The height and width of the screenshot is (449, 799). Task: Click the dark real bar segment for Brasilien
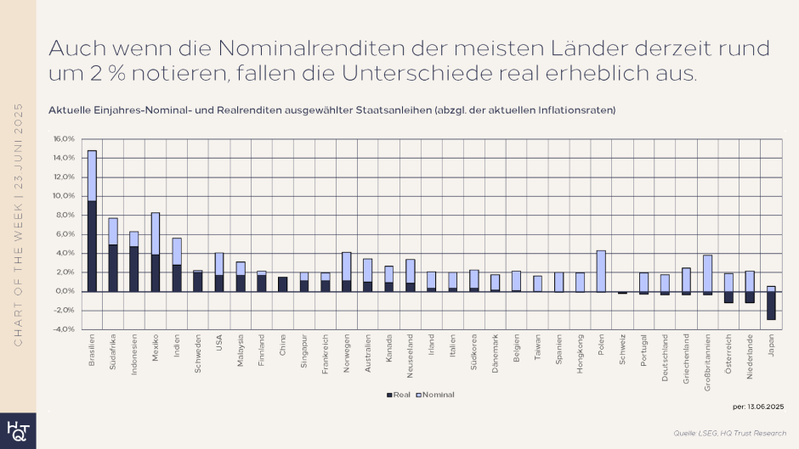[x=92, y=246]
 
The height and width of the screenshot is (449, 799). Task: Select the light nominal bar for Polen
[x=601, y=271]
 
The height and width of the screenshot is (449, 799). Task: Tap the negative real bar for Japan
[x=771, y=306]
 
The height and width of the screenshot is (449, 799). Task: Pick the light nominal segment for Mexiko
[x=156, y=233]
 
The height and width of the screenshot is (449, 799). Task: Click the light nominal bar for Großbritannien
[x=707, y=272]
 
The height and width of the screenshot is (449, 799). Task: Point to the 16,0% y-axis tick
[x=65, y=138]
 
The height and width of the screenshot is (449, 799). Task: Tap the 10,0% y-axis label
[x=65, y=196]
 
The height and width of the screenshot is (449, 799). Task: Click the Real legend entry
[x=399, y=395]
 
